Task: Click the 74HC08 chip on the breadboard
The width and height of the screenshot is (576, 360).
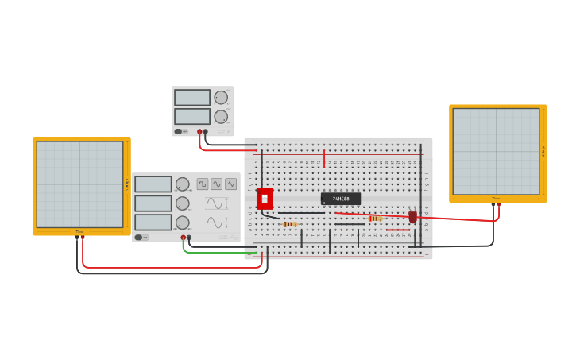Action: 341,199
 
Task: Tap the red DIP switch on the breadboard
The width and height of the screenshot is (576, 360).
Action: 265,199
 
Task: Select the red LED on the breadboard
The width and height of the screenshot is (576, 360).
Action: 413,216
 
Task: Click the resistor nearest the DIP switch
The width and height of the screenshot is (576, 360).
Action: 290,224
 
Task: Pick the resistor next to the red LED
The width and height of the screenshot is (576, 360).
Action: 375,218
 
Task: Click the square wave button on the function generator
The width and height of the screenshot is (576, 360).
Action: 203,184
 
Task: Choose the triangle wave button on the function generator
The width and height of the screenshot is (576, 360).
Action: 217,184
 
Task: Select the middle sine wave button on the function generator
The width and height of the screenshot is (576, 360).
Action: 230,184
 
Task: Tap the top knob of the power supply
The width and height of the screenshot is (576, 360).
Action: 221,98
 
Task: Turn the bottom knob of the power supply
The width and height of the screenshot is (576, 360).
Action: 221,117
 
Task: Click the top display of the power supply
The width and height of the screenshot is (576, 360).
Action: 192,98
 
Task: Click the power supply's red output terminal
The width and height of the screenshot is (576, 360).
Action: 199,132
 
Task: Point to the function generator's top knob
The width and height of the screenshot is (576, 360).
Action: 183,184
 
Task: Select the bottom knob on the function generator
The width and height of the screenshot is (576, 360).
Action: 183,223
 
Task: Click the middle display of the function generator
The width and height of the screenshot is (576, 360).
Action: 153,203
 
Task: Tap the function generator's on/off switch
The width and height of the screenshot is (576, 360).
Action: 139,237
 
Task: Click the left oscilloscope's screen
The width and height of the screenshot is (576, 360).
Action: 79,184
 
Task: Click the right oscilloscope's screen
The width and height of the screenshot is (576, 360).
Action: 496,151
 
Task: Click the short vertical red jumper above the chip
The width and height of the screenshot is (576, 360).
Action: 324,157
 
